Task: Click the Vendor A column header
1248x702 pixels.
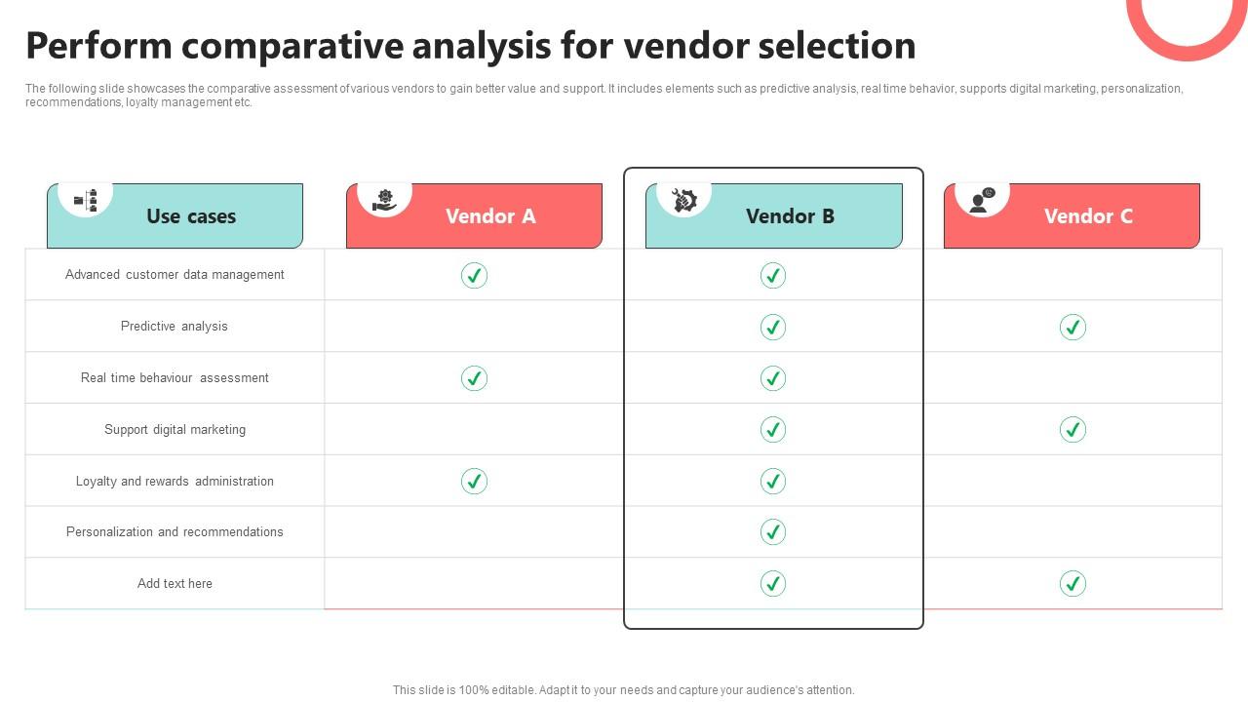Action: click(x=490, y=216)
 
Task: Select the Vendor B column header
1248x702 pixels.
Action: click(x=790, y=216)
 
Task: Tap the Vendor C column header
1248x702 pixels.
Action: click(x=1088, y=216)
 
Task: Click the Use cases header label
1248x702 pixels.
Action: click(x=191, y=216)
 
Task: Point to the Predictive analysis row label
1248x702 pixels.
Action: click(x=175, y=327)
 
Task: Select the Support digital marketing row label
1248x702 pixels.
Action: click(x=175, y=430)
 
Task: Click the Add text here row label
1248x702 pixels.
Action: click(x=175, y=584)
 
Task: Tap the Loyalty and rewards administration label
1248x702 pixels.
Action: click(x=175, y=482)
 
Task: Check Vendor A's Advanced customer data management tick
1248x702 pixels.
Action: click(x=474, y=276)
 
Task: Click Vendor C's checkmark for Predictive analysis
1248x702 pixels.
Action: click(x=1072, y=328)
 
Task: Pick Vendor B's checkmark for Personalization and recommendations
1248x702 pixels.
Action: click(x=773, y=532)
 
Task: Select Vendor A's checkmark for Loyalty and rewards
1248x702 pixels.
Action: click(x=474, y=482)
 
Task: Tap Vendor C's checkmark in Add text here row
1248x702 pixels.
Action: click(x=1072, y=584)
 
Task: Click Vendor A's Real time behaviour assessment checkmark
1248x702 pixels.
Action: click(x=474, y=378)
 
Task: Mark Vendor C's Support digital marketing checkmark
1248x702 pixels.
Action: click(x=1072, y=430)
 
